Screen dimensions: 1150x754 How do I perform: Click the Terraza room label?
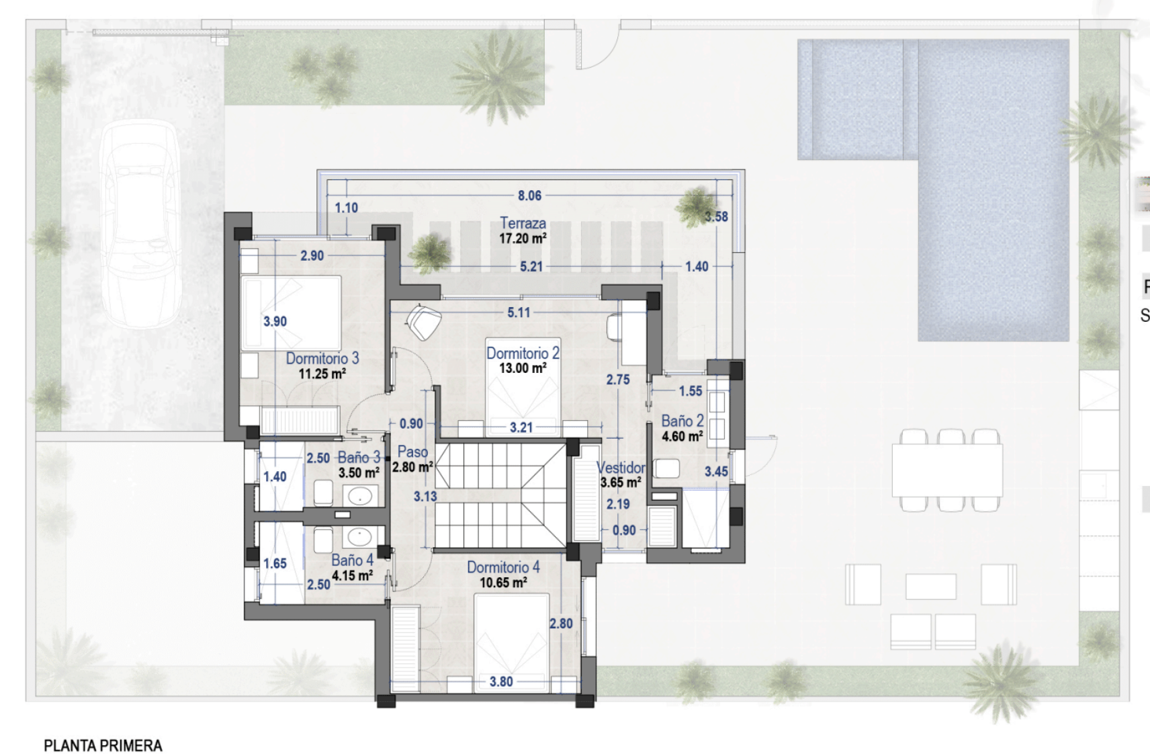[x=523, y=223]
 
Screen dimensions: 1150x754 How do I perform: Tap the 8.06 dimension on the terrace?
[x=529, y=196]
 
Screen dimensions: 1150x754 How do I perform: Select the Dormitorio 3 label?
[x=322, y=358]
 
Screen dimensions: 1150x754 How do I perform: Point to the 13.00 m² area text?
[x=523, y=368]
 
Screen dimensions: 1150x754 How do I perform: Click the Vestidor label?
[x=621, y=468]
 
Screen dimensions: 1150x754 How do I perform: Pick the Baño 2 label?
[x=682, y=421]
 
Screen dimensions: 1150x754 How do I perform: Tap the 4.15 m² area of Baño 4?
[x=352, y=576]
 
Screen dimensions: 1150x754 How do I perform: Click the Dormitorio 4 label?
[x=503, y=568]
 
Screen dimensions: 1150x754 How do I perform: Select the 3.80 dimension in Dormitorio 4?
[x=501, y=681]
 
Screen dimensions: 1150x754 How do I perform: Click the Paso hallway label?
[x=412, y=452]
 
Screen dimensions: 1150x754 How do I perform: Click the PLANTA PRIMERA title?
[x=103, y=746]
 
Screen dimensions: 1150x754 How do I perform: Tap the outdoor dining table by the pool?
[x=947, y=470]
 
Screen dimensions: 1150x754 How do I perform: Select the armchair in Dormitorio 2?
[x=424, y=321]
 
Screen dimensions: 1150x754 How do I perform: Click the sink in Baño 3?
[x=360, y=496]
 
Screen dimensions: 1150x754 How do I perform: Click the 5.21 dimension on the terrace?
[x=531, y=267]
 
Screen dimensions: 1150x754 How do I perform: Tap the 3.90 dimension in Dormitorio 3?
[x=275, y=321]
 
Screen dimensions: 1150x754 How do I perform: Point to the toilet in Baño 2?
[x=666, y=468]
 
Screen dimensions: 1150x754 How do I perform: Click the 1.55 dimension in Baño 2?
[x=691, y=391]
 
